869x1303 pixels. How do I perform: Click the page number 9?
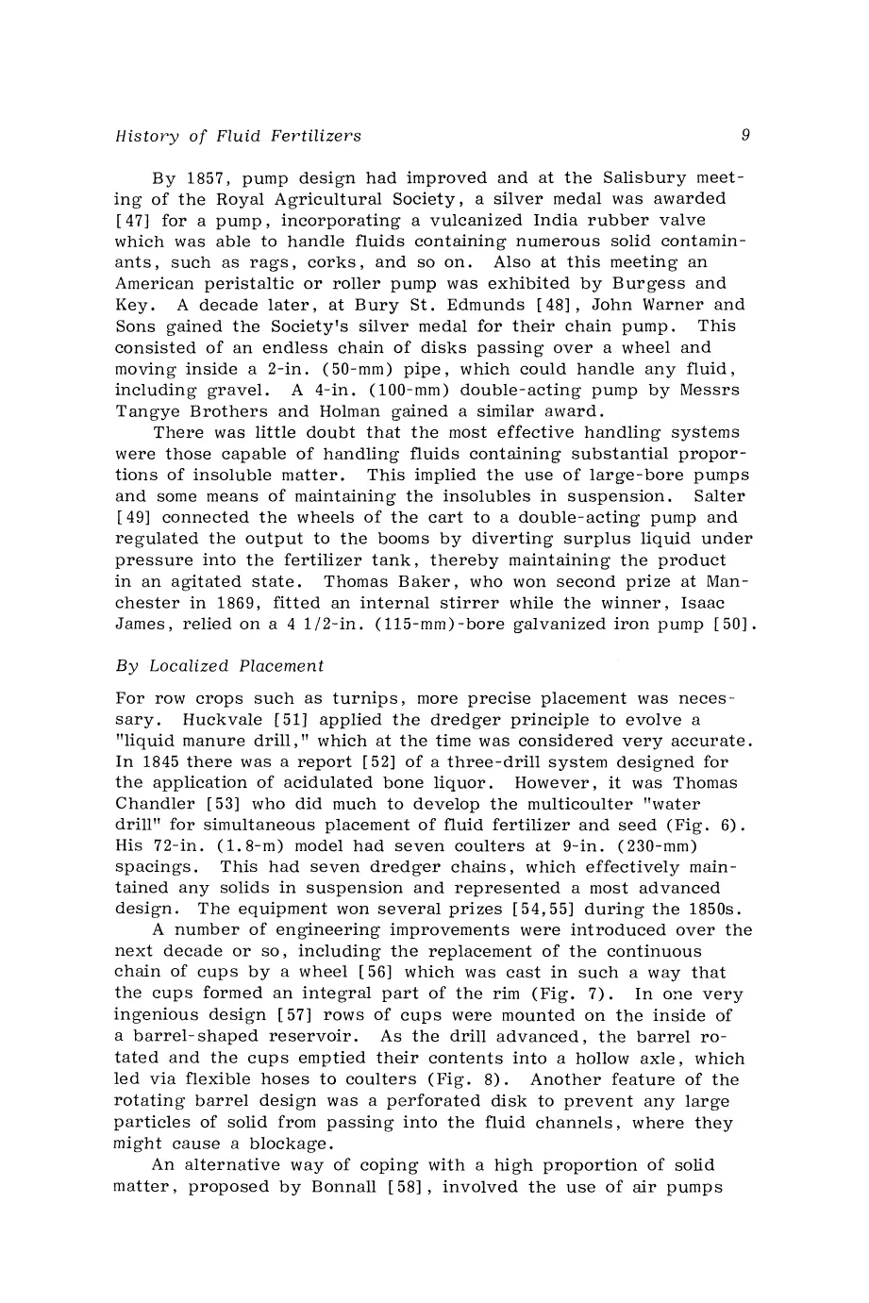[x=745, y=135]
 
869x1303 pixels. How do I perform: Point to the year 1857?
[x=199, y=178]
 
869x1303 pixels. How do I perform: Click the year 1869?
[x=226, y=603]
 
